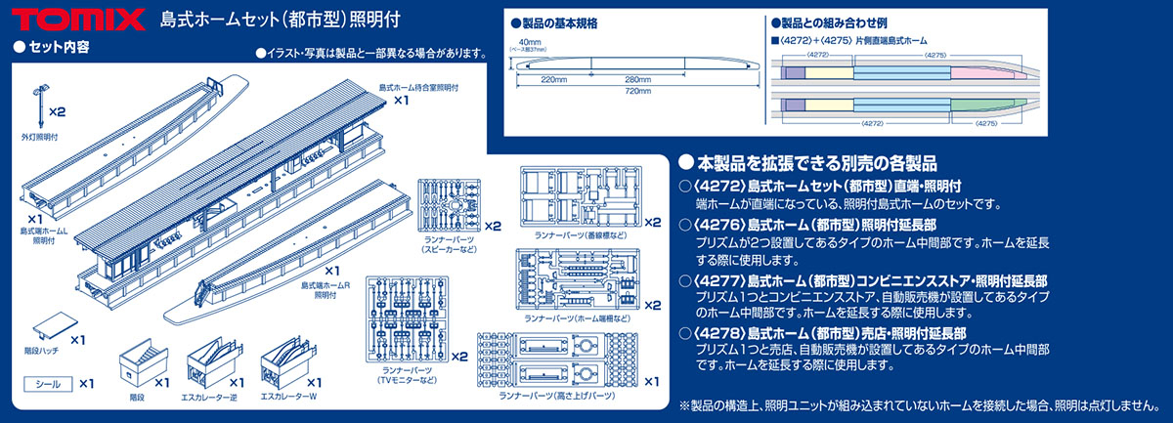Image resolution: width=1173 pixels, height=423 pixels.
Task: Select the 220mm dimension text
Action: [554, 79]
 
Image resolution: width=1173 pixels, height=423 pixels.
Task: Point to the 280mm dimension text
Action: [637, 79]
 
